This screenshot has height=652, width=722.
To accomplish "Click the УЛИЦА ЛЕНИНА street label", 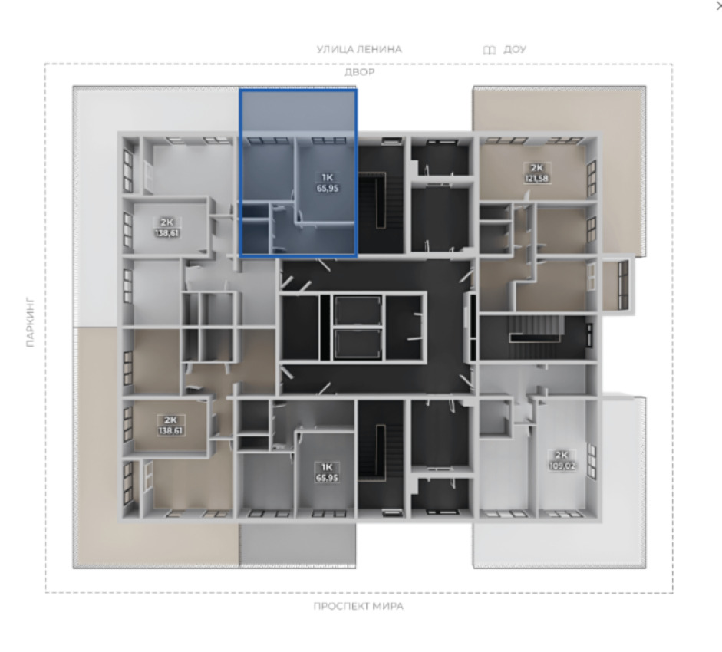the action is (359, 49).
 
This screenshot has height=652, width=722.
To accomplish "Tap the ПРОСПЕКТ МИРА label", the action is (358, 607).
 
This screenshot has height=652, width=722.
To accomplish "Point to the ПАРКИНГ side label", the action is (31, 322).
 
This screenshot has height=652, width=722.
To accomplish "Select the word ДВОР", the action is (359, 72).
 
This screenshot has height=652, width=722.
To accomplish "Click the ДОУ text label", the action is (515, 49).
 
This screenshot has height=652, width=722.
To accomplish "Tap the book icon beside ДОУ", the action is (490, 50).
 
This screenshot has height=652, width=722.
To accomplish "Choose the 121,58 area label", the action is (536, 179).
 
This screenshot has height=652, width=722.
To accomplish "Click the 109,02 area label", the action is (562, 466).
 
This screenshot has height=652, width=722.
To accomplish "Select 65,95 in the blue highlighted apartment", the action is (328, 188).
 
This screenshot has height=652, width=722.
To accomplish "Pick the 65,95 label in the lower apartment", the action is (327, 478).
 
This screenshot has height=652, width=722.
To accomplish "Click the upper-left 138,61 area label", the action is (166, 233).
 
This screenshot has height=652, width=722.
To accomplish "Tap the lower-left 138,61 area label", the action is (170, 431).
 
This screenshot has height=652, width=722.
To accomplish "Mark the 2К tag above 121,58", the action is (536, 168).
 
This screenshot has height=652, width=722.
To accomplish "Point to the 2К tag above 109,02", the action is (562, 455).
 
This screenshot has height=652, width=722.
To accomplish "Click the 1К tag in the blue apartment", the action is (328, 177).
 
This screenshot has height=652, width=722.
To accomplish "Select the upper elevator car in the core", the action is (358, 311).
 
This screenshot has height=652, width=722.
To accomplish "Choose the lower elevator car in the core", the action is (358, 344).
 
